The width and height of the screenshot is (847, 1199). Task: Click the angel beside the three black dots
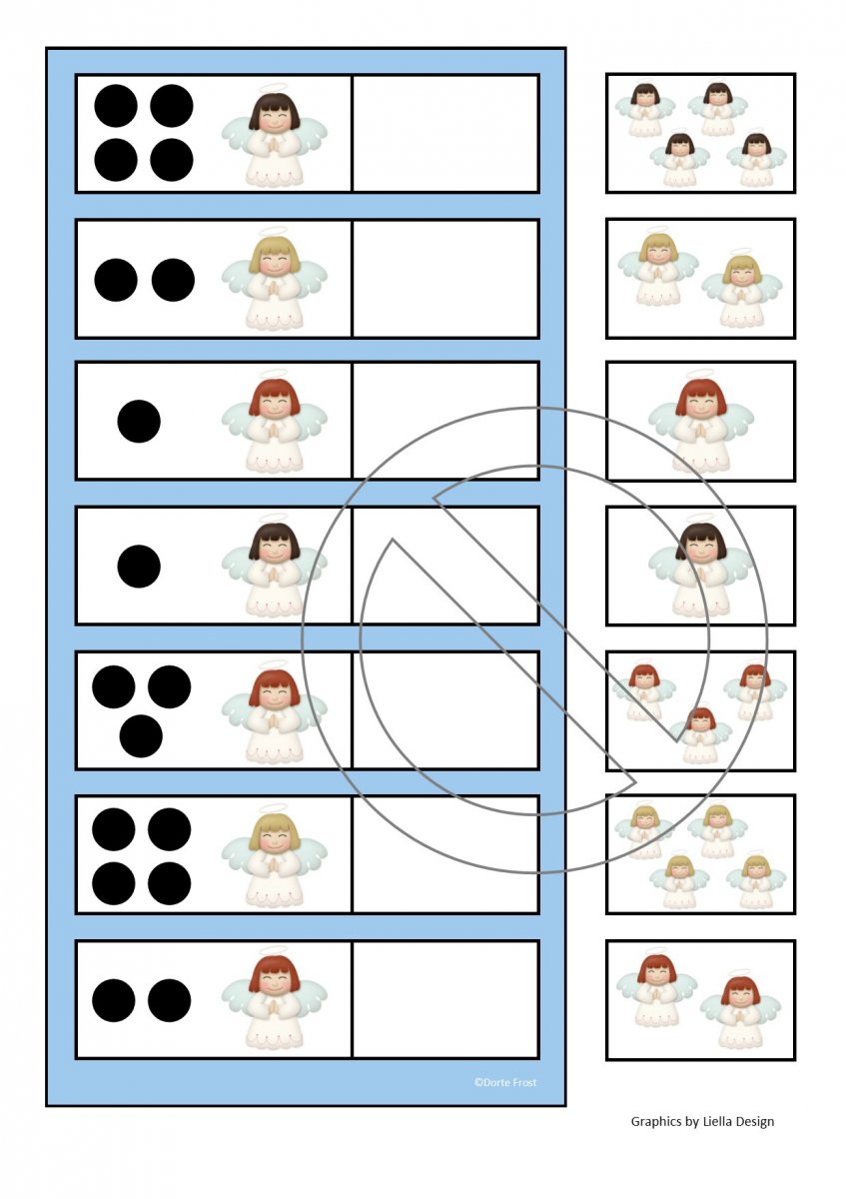(274, 712)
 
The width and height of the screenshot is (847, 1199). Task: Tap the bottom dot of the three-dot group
(141, 736)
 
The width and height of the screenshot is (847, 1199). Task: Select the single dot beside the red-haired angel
(139, 422)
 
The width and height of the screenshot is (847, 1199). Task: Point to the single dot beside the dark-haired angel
(139, 567)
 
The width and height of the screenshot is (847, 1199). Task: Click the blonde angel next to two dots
(274, 280)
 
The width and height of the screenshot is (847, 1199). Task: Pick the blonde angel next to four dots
(274, 856)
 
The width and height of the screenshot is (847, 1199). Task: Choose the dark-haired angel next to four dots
(274, 135)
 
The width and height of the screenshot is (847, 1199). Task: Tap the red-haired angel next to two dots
(274, 999)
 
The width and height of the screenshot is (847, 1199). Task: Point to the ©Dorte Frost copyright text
(505, 1082)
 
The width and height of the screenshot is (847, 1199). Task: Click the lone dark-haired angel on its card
(701, 568)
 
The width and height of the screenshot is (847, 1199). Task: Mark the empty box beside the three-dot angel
(445, 710)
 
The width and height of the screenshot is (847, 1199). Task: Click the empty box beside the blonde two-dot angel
(445, 279)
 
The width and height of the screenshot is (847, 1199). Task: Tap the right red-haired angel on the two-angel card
(740, 1010)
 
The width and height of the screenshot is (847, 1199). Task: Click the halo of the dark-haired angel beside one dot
(274, 520)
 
